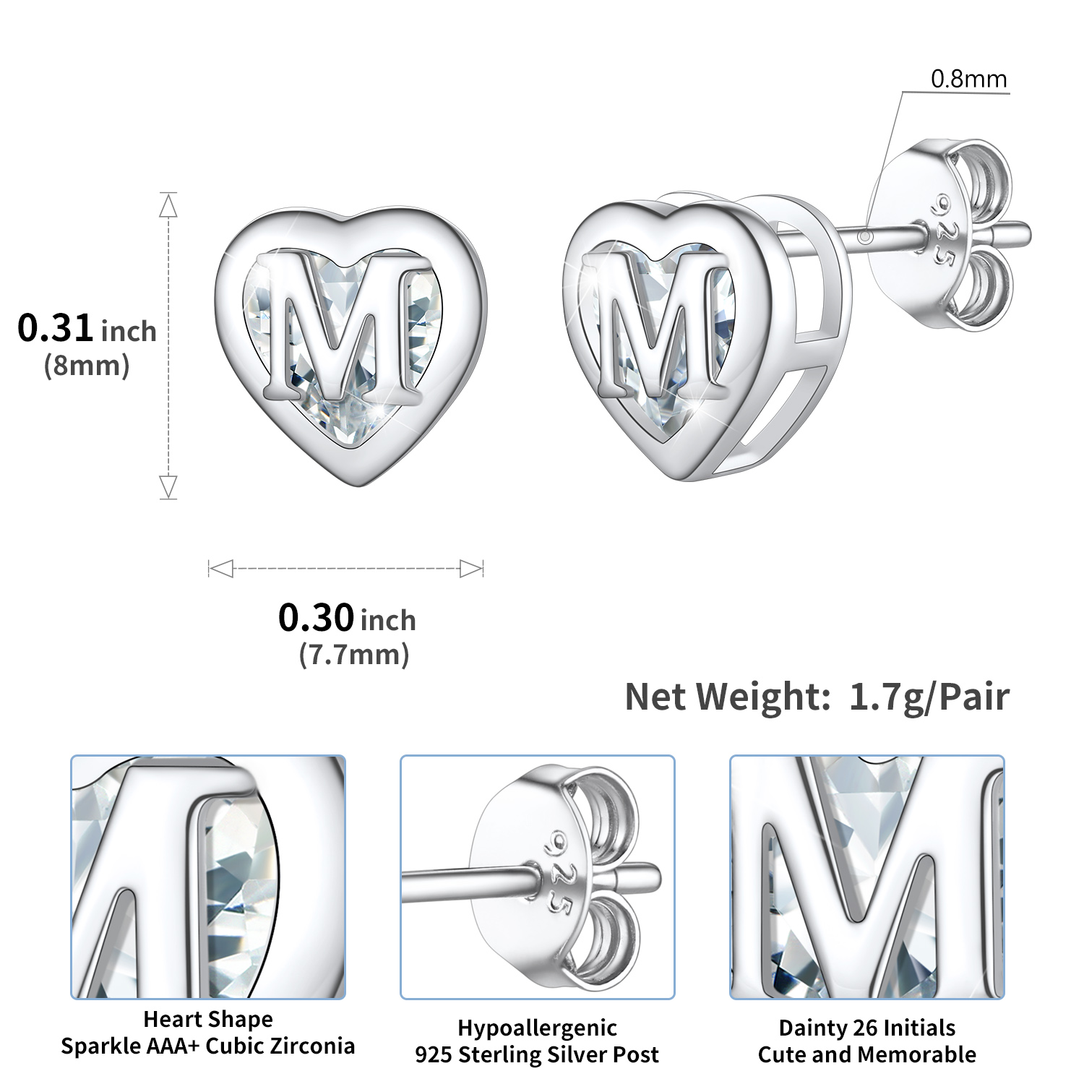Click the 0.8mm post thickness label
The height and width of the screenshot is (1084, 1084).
pos(968,79)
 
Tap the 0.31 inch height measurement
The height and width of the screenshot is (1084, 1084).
pos(87,329)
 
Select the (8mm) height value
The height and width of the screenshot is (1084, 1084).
pos(87,366)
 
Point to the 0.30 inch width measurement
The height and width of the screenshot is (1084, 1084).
pos(347,619)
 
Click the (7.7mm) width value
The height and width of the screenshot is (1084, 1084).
pos(354,655)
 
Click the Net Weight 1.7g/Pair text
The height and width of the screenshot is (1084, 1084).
pos(817,697)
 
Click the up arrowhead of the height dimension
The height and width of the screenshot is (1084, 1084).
pos(168,206)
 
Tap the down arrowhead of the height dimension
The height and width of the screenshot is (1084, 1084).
pos(168,486)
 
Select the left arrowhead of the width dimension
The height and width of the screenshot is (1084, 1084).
pos(220,569)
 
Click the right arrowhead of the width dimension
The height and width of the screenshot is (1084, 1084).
pos(471,569)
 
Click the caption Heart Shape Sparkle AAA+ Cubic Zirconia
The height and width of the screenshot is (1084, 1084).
pos(208,1033)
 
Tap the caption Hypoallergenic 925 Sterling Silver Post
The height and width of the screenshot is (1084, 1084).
pos(537,1041)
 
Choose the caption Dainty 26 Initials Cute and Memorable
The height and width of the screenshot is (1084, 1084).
pos(866,1041)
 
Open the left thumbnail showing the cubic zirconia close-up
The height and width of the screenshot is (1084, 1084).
pos(208,877)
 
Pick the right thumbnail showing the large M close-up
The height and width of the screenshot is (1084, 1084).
pos(866,877)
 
